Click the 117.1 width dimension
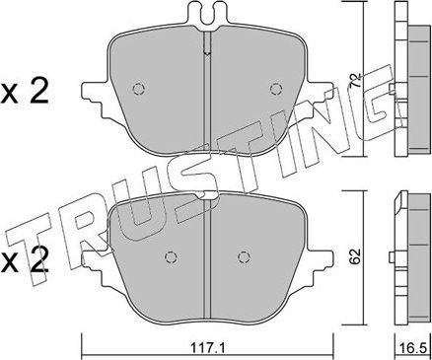click(204, 348)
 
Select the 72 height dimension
click(358, 74)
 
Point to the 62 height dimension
click(358, 257)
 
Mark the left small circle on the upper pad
click(137, 89)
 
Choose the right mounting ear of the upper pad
click(320, 98)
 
